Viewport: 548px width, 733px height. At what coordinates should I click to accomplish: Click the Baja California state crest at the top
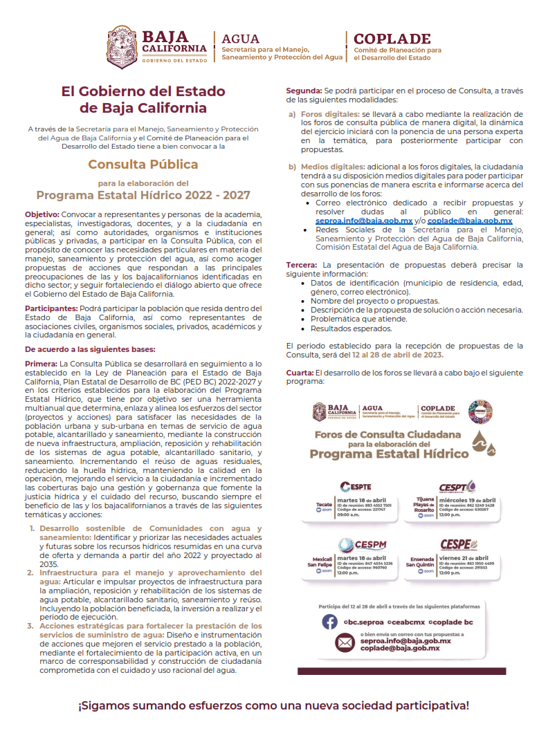pos(123,45)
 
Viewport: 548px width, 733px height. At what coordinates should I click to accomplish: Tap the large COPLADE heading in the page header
pos(392,39)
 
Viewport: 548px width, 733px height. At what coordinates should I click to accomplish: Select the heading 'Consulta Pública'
pos(143,165)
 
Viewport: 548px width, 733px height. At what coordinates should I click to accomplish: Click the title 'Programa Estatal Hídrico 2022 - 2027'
pos(143,195)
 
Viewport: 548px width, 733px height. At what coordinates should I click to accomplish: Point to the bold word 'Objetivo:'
pos(42,215)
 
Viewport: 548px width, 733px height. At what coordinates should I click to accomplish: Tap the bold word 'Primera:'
pos(42,363)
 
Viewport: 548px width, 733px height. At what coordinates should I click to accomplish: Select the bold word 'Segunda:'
pos(304,91)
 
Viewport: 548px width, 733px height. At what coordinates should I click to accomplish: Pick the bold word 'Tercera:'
pos(302,265)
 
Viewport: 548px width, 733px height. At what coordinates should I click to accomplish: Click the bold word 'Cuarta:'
pos(300,373)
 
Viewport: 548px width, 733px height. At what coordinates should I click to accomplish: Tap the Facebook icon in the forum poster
pos(330,622)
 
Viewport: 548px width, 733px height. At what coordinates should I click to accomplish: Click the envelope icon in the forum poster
pos(345,643)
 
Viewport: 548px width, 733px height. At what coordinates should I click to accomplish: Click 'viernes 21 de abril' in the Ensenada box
pos(468,558)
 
